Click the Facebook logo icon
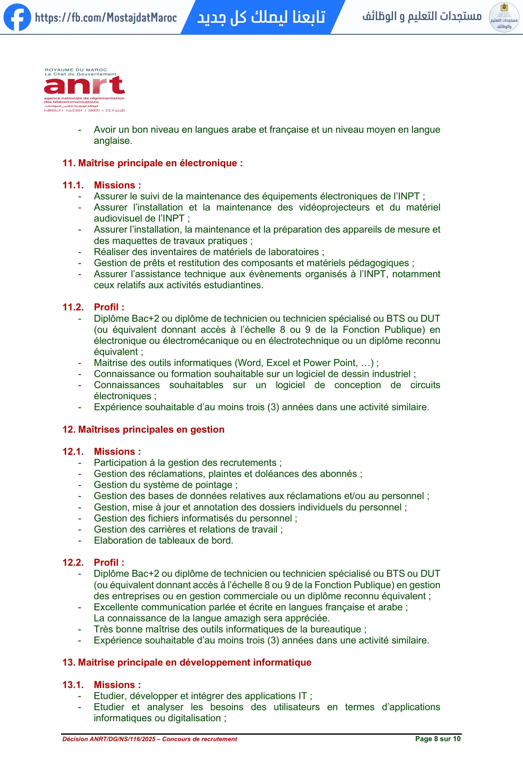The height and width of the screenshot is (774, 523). point(17,17)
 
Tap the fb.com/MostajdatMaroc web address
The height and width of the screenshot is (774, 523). point(106,17)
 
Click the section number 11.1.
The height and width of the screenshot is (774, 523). point(73,185)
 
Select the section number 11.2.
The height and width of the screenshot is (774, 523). point(73,307)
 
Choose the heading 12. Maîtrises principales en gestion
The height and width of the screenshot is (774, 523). point(143,430)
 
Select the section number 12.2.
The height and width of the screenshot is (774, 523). point(73,563)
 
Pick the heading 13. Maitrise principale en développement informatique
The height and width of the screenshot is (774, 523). point(187,662)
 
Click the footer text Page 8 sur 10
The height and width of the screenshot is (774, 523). point(437,739)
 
